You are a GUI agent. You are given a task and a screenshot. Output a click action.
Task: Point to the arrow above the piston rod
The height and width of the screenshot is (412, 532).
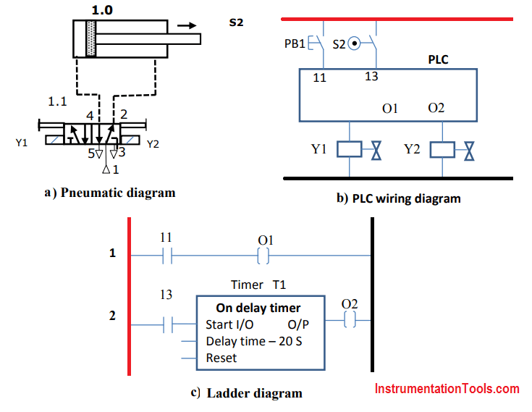[187, 25]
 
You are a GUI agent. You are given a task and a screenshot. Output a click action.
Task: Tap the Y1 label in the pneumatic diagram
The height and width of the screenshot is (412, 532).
[22, 143]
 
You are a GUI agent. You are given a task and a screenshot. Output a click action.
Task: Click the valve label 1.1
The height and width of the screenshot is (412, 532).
[57, 101]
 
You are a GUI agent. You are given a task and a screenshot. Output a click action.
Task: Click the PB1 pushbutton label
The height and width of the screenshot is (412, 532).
[294, 44]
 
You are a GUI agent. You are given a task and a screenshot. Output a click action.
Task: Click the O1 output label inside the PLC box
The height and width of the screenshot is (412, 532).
[391, 108]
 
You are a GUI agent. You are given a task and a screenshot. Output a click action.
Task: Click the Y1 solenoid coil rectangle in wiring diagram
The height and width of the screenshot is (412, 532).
[350, 150]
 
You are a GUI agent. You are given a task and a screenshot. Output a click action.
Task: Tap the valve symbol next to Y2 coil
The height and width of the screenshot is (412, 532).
[470, 150]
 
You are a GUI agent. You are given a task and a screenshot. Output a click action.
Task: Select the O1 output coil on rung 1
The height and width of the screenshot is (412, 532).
[263, 256]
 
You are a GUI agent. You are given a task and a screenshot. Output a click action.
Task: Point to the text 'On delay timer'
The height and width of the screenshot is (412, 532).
[258, 308]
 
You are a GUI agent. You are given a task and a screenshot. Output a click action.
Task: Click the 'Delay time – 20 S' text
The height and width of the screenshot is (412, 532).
[254, 341]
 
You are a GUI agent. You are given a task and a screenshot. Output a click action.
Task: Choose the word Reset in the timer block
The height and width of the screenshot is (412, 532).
[221, 358]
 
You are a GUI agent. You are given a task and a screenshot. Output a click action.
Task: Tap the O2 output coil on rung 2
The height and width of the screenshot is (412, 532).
[349, 320]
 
